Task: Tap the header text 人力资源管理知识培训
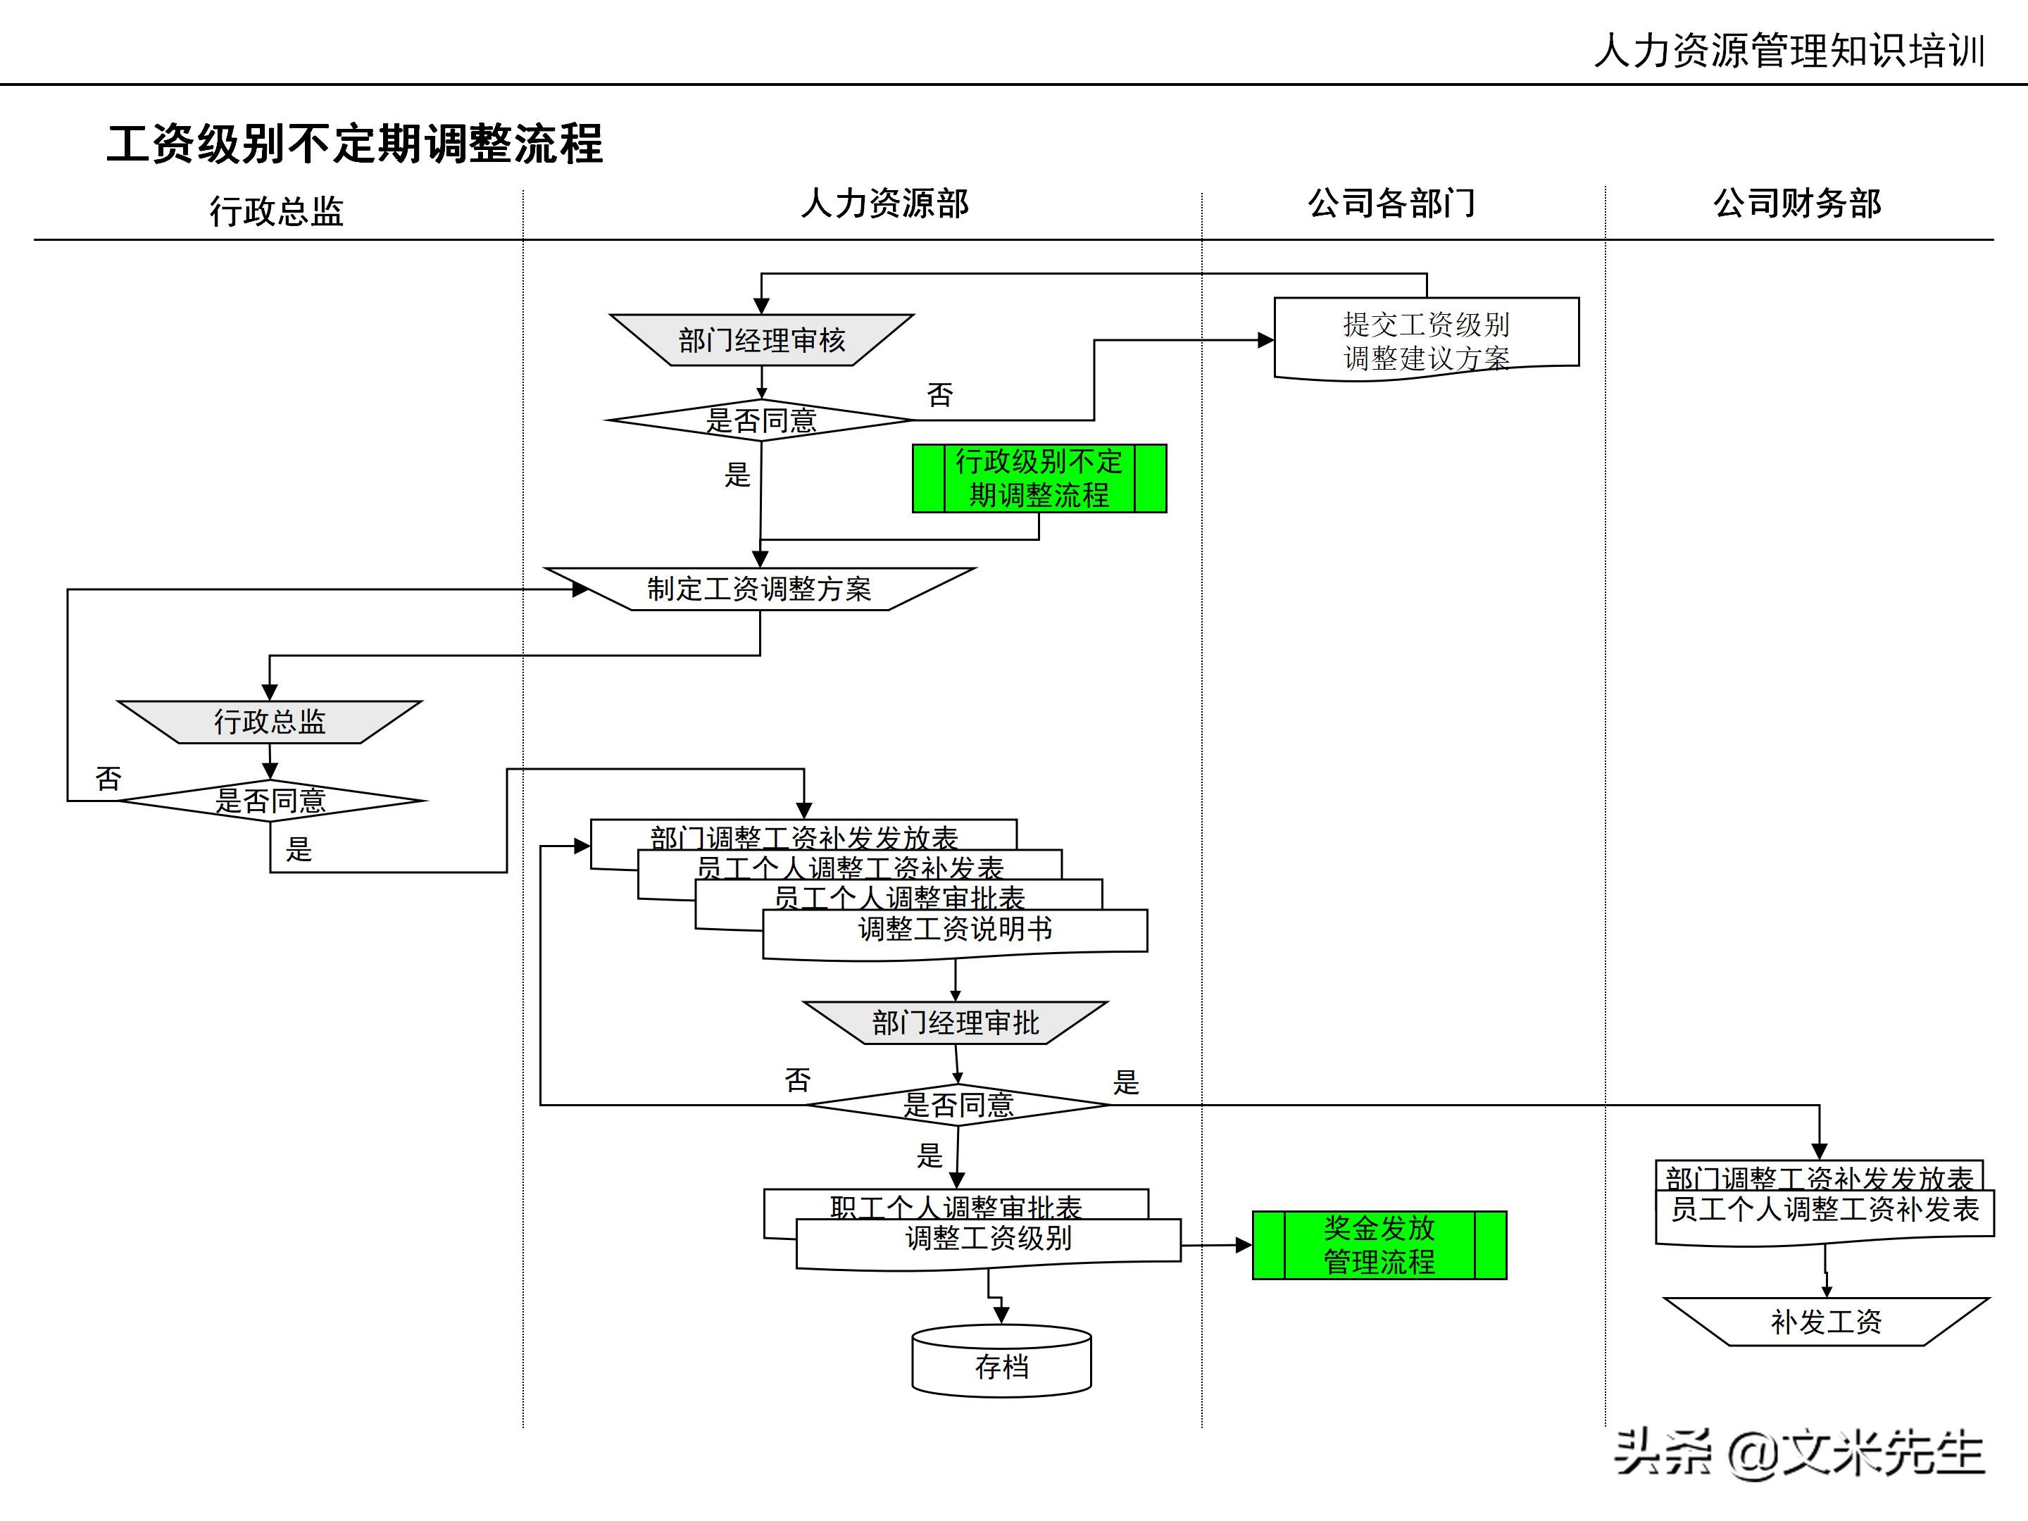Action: pyautogui.click(x=1789, y=51)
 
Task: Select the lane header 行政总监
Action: pyautogui.click(x=276, y=211)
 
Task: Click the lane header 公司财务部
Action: pyautogui.click(x=1797, y=204)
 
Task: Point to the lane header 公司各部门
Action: pyautogui.click(x=1391, y=204)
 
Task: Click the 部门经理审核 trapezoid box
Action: pyautogui.click(x=761, y=340)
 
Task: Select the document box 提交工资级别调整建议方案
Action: pyautogui.click(x=1426, y=339)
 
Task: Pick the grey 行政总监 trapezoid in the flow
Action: pyautogui.click(x=270, y=722)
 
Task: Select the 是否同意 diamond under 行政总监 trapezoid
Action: pyautogui.click(x=270, y=801)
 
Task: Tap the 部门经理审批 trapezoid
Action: pyautogui.click(x=956, y=1022)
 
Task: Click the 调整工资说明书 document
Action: pyautogui.click(x=954, y=932)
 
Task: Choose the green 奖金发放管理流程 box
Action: pyautogui.click(x=1379, y=1245)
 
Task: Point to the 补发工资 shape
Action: pyautogui.click(x=1825, y=1321)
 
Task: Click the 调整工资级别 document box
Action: pyautogui.click(x=989, y=1241)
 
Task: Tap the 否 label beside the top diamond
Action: pyautogui.click(x=940, y=395)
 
